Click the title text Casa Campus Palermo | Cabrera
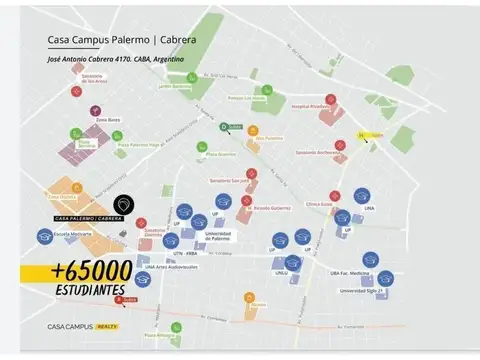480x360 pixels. [x=121, y=41]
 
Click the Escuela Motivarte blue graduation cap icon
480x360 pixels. [x=44, y=237]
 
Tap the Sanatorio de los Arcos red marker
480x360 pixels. [x=76, y=91]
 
